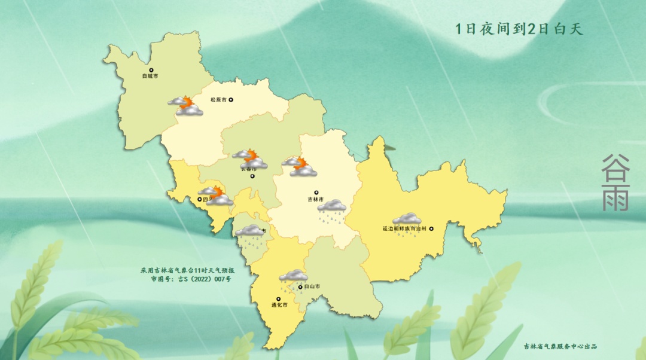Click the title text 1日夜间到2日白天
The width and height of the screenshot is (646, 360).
(x=519, y=29)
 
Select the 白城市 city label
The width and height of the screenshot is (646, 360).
(x=150, y=77)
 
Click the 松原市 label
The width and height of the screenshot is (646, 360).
(x=218, y=100)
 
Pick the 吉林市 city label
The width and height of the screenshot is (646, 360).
(x=315, y=200)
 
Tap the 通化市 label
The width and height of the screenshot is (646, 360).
(x=279, y=305)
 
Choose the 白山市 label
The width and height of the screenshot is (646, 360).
(x=312, y=287)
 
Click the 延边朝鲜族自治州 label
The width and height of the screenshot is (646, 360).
(x=404, y=228)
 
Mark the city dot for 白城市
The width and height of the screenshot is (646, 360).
(x=151, y=69)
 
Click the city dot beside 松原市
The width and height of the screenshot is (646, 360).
(x=231, y=100)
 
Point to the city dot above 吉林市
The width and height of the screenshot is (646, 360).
(x=316, y=193)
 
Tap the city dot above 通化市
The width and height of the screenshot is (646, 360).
(x=278, y=298)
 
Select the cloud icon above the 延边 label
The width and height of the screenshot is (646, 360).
(x=407, y=218)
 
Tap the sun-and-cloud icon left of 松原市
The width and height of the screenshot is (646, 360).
(x=185, y=106)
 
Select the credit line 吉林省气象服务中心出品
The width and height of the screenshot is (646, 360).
(x=560, y=346)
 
